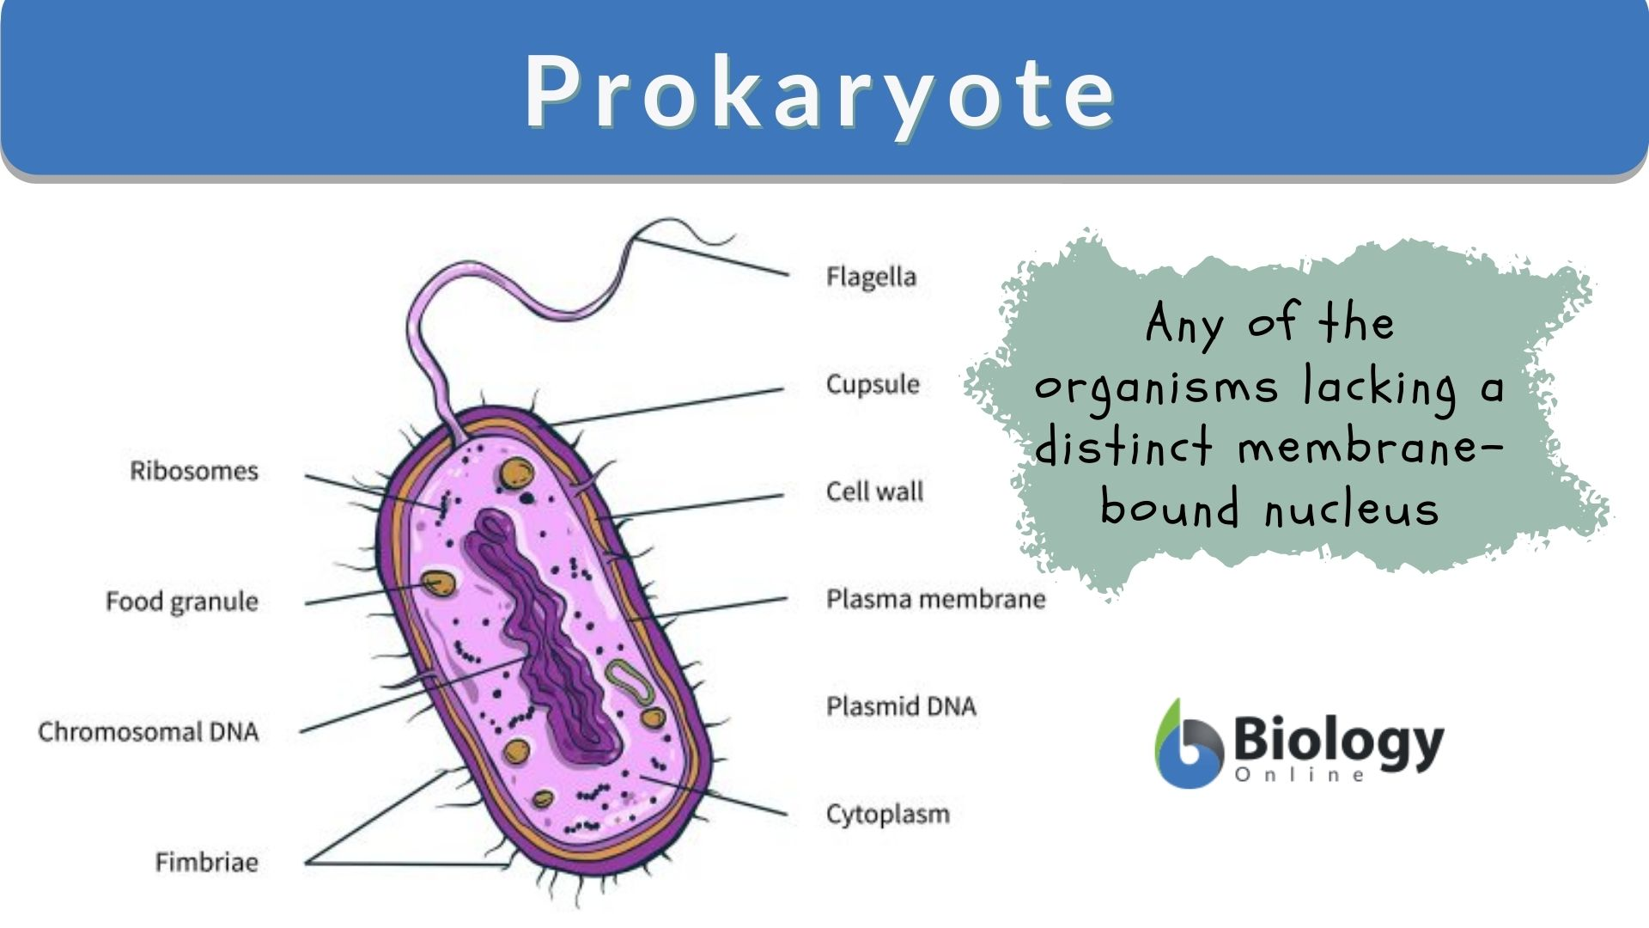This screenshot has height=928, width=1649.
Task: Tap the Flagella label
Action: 871,277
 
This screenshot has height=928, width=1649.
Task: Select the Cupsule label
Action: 873,384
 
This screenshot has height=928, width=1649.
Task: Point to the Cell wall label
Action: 874,491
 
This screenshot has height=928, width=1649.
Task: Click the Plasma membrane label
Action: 935,599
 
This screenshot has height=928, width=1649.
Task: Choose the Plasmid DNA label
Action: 901,706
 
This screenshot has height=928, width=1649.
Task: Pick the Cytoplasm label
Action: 888,814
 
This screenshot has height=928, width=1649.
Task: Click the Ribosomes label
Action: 194,471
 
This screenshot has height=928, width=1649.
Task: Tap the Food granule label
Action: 182,601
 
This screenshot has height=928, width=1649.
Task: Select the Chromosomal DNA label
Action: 149,732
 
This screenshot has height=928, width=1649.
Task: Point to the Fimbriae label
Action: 207,862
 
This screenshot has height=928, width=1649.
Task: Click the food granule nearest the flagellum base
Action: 517,473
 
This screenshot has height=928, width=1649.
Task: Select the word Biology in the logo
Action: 1338,741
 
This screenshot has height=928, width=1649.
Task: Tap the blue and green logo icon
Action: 1188,744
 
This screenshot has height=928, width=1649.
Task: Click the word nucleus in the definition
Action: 1352,509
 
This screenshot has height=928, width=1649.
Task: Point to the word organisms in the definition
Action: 1156,387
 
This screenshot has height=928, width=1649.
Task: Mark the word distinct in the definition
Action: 1124,448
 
